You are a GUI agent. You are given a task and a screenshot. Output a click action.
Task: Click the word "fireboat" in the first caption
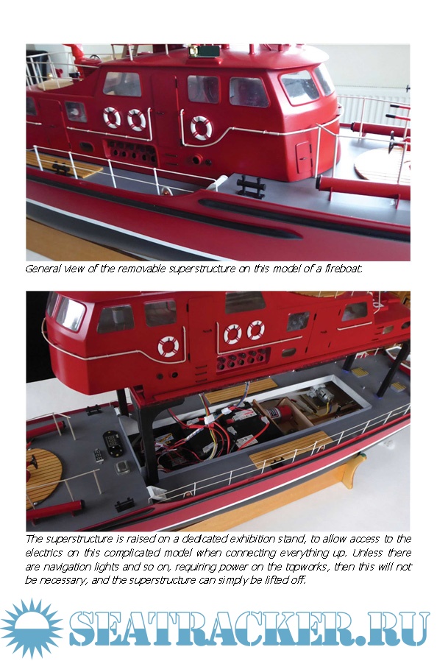tap(343, 269)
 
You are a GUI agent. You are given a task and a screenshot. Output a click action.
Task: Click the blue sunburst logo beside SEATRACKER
tap(32, 628)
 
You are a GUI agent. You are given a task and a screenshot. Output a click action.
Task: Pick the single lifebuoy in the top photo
tap(201, 127)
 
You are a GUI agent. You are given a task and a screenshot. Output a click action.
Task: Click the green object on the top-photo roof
tap(205, 51)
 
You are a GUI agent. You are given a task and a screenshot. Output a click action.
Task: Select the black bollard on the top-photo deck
tap(250, 186)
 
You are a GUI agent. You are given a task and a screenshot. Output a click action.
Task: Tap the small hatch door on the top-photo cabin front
tap(303, 158)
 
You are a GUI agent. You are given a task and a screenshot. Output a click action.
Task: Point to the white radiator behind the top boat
tap(373, 111)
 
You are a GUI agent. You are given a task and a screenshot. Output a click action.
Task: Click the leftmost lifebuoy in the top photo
tap(112, 118)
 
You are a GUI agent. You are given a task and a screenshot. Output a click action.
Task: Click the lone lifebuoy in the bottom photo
tap(168, 347)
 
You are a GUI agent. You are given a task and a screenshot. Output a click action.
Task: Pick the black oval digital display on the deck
tap(113, 443)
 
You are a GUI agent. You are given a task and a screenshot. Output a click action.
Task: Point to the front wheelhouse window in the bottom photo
tap(70, 314)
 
